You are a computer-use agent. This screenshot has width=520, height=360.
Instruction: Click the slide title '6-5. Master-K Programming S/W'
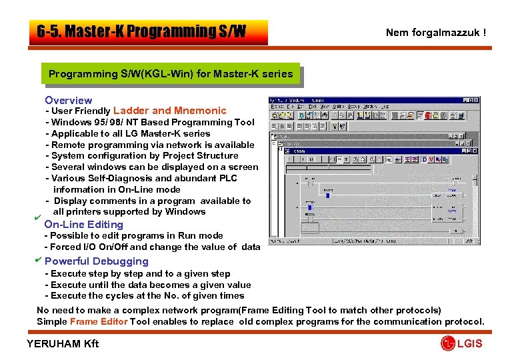(x=141, y=32)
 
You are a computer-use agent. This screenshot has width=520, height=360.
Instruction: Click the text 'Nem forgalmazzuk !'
(x=436, y=32)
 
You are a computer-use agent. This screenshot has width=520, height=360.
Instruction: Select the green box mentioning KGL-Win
(x=171, y=73)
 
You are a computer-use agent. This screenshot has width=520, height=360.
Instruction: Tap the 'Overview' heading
(x=68, y=100)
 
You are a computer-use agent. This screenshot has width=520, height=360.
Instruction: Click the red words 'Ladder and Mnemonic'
(x=170, y=111)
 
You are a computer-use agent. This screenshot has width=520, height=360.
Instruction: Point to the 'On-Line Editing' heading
(x=83, y=225)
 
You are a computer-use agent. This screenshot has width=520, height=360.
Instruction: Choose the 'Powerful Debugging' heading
(x=96, y=261)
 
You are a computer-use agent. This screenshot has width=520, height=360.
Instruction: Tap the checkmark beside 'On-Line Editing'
(x=39, y=218)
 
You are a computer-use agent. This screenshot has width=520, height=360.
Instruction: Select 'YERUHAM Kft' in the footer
(x=62, y=343)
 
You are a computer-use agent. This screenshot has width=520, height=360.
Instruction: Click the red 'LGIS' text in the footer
(x=469, y=343)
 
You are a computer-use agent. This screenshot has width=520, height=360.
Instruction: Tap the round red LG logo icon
(x=447, y=343)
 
